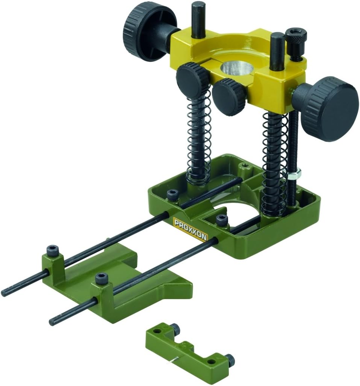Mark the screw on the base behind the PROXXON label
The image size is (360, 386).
point(172,195)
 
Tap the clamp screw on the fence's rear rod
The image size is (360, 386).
point(52,250)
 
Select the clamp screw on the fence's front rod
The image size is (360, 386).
point(101,279)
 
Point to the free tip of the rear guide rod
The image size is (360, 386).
point(5,292)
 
